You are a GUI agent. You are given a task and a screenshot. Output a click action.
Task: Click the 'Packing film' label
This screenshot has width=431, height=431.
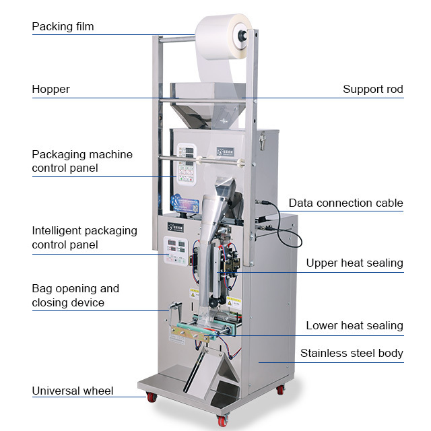pyautogui.click(x=63, y=27)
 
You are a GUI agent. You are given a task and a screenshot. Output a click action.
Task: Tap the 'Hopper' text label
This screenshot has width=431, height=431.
pyautogui.click(x=51, y=89)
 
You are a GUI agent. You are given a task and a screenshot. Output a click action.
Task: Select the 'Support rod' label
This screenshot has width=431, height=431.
pyautogui.click(x=372, y=89)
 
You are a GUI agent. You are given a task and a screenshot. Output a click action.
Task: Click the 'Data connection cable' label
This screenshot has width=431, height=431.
pyautogui.click(x=345, y=203)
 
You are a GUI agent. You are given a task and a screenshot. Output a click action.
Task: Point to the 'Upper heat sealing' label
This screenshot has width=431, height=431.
pyautogui.click(x=354, y=263)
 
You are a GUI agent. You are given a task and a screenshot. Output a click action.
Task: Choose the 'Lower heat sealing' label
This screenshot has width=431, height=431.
pyautogui.click(x=354, y=325)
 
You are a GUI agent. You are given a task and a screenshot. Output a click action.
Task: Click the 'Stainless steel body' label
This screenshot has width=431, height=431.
pyautogui.click(x=352, y=353)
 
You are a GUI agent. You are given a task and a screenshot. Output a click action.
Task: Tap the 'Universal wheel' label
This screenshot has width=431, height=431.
pyautogui.click(x=72, y=391)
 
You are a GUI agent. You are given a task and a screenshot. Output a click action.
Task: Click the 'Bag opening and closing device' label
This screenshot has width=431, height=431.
pyautogui.click(x=75, y=296)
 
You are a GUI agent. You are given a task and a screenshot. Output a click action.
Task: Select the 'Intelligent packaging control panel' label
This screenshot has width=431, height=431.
pyautogui.click(x=84, y=238)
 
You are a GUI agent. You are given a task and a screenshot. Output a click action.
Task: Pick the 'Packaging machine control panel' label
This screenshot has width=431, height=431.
pyautogui.click(x=82, y=161)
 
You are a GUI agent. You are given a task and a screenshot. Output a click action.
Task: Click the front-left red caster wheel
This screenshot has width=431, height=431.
pyautogui.click(x=152, y=397)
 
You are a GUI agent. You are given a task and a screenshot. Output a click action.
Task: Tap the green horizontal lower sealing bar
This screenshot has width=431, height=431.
pyautogui.click(x=202, y=327)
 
